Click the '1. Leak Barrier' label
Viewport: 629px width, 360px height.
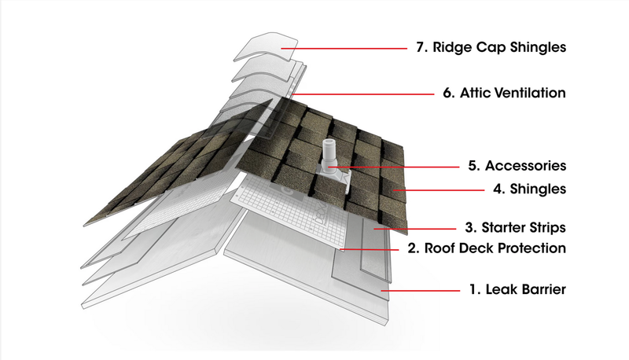(x=516, y=290)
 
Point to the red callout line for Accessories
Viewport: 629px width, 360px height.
(x=401, y=167)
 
